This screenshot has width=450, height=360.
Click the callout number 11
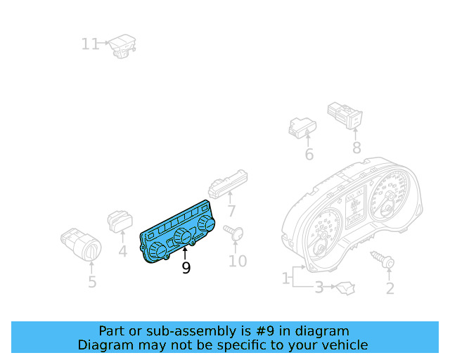(90, 44)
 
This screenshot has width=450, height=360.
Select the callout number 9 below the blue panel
(186, 268)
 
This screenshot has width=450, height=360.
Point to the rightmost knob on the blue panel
(206, 224)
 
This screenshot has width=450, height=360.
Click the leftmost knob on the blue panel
(155, 252)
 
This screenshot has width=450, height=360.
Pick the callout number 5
(92, 283)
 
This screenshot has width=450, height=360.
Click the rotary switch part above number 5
(82, 243)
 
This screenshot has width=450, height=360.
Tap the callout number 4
(122, 250)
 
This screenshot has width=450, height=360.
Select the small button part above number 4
(119, 221)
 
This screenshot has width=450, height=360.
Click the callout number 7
(231, 211)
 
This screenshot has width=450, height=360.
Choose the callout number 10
(238, 262)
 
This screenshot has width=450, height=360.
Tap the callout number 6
(309, 155)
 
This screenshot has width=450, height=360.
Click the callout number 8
(356, 148)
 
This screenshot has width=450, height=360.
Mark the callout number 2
(390, 288)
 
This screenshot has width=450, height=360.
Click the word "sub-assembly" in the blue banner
(173, 331)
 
